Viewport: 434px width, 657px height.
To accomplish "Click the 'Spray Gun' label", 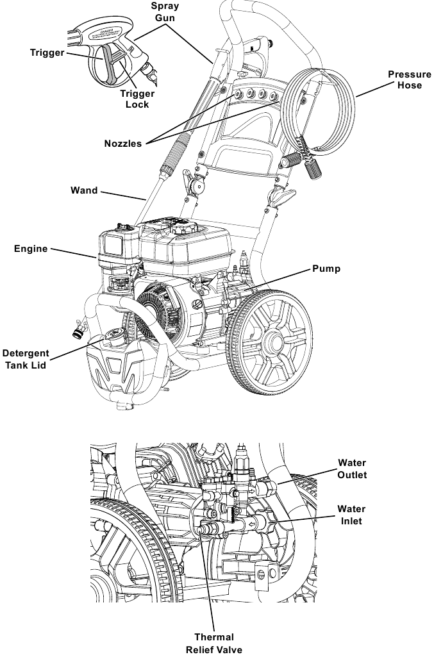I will [165, 12].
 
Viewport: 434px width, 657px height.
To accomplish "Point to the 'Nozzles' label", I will [123, 144].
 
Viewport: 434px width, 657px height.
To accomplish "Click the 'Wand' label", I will [84, 190].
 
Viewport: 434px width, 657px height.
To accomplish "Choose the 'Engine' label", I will [31, 249].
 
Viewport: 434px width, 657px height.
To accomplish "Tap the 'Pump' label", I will [326, 269].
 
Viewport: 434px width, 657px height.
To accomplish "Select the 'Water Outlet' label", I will [352, 469].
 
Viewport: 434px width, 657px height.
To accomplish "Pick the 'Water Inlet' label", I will [352, 515].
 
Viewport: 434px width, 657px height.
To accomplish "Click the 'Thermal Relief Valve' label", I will [214, 643].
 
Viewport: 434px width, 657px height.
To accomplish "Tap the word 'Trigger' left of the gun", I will [47, 53].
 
